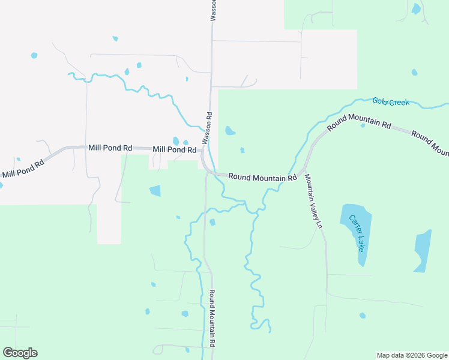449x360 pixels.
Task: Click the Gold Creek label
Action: click(391, 102)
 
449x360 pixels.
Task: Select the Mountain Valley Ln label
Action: click(313, 201)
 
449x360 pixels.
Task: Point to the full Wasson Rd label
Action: click(206, 128)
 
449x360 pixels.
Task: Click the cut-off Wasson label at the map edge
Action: click(212, 10)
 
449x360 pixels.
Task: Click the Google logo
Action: click(20, 353)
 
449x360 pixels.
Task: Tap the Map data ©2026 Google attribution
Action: click(411, 355)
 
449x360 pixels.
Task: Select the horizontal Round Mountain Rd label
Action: click(262, 178)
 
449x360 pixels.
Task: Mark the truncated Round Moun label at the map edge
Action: click(430, 142)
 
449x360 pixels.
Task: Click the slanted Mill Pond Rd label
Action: click(23, 167)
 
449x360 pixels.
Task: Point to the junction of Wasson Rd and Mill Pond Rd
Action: click(203, 151)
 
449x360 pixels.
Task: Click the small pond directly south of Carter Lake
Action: click(362, 315)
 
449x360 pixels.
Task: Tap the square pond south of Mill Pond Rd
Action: click(155, 191)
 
